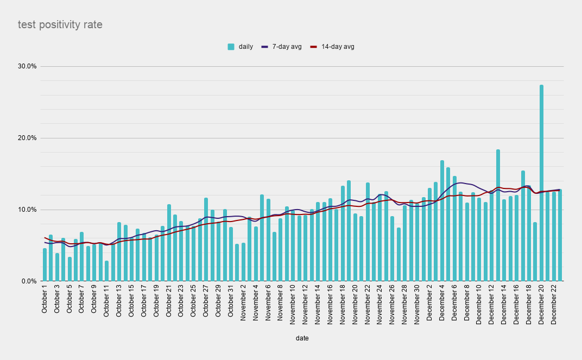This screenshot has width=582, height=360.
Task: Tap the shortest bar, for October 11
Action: (106, 271)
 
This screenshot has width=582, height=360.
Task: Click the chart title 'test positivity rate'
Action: (60, 24)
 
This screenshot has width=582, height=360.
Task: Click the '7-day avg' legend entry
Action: (282, 47)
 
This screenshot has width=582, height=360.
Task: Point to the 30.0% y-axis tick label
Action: (27, 66)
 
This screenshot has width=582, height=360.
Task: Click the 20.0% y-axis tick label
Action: (27, 138)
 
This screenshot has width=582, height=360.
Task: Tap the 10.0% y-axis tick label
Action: (27, 210)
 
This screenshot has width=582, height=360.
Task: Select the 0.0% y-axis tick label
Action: (29, 281)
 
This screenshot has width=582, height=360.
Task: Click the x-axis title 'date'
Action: (302, 338)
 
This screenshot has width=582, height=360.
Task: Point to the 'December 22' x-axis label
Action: (554, 306)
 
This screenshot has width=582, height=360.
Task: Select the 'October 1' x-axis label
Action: (45, 302)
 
